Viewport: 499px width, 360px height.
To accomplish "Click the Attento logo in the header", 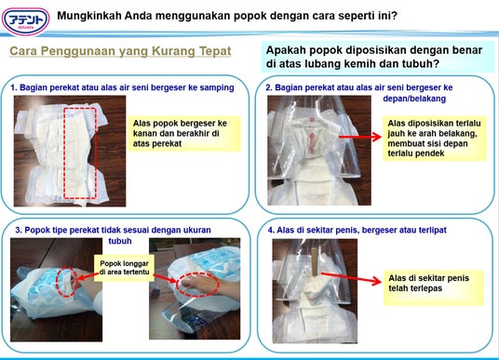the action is [26, 21].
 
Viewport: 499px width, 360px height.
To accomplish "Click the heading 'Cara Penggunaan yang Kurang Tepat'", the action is [120, 51].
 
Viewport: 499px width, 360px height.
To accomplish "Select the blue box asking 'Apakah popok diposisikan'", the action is [377, 57].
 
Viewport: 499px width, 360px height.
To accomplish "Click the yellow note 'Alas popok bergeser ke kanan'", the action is [184, 133].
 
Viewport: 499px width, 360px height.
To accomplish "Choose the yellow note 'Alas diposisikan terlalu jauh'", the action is [435, 139].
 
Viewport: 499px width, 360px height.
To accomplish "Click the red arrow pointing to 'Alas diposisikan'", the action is [360, 137].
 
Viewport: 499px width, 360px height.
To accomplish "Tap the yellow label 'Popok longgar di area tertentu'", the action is [124, 268].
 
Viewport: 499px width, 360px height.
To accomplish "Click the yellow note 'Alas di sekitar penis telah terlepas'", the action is [434, 287].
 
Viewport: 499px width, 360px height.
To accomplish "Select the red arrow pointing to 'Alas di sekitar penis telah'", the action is [351, 277].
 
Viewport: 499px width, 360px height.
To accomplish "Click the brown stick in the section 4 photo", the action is [315, 261].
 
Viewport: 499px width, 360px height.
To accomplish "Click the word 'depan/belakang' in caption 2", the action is [414, 99].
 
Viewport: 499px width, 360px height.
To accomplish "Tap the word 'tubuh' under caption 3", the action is [120, 241].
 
